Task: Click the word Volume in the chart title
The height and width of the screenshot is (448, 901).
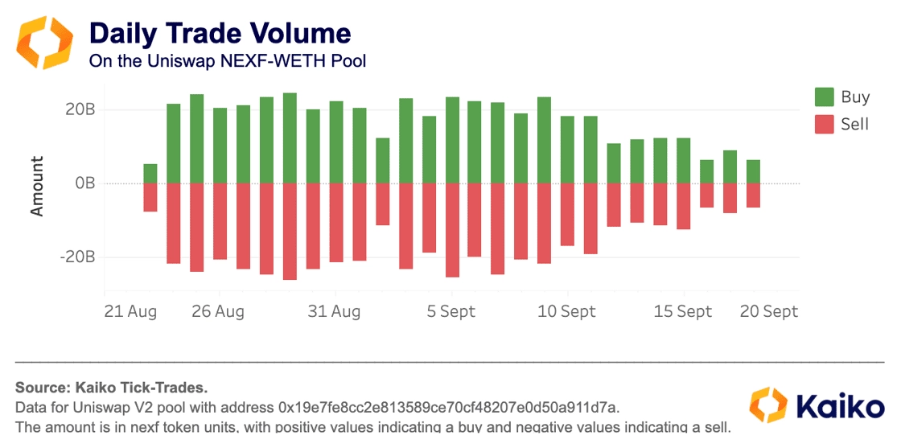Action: click(x=298, y=34)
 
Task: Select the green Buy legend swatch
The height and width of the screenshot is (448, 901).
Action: click(x=825, y=97)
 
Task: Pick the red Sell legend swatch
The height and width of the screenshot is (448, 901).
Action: click(x=825, y=125)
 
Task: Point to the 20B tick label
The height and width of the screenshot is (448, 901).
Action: click(x=80, y=109)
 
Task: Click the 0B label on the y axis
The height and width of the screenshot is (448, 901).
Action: click(x=84, y=183)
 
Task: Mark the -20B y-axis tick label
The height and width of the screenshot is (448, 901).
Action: click(x=77, y=257)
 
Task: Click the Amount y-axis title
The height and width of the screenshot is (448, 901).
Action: click(x=37, y=186)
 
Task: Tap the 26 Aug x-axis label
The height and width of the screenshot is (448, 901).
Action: click(x=218, y=311)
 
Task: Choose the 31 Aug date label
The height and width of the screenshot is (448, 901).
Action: click(x=335, y=311)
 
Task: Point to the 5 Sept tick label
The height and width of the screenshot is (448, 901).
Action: click(x=451, y=311)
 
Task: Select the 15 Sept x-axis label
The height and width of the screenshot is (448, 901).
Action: click(x=683, y=311)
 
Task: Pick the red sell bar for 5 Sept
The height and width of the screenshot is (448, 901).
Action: click(x=452, y=230)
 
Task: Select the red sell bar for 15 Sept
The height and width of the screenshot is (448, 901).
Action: click(x=684, y=206)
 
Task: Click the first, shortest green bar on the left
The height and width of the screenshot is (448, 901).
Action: click(x=150, y=174)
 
